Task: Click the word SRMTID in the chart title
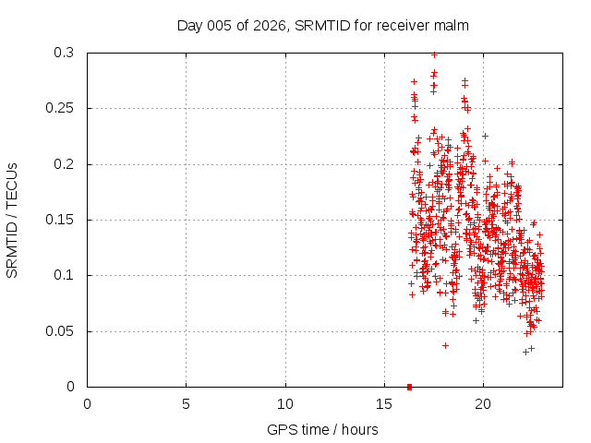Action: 322,26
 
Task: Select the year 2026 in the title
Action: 267,26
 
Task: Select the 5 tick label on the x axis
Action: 186,404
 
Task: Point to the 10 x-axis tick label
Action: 284,404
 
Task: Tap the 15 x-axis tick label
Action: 383,404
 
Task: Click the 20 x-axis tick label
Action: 482,404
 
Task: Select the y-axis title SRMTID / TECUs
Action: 13,221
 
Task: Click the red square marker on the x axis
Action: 409,386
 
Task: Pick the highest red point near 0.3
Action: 434,54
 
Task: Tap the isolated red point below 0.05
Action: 445,345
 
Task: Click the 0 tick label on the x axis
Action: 87,404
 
